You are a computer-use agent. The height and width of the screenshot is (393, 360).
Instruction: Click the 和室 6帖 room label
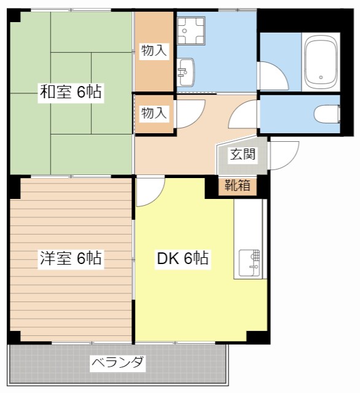click(71, 92)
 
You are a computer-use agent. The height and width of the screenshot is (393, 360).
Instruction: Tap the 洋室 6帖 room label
click(71, 258)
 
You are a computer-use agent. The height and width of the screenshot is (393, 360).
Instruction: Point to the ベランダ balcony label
click(117, 362)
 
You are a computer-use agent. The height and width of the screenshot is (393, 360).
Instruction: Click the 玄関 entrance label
click(243, 154)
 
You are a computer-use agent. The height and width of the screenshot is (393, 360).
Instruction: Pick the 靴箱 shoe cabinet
click(237, 187)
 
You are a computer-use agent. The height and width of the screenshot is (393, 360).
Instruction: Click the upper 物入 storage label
click(154, 50)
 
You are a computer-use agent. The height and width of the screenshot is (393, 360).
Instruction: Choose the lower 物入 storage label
click(154, 113)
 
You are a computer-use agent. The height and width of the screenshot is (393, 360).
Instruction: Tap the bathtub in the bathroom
click(321, 62)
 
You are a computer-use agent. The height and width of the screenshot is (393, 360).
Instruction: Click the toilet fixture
click(327, 114)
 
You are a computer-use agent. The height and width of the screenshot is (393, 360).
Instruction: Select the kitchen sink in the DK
click(249, 263)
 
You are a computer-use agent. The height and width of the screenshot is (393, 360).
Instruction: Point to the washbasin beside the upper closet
click(186, 72)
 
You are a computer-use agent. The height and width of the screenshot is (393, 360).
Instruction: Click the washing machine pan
click(191, 31)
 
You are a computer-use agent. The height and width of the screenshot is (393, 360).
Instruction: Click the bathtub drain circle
click(321, 77)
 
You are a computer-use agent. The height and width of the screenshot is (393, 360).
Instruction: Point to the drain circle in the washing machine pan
click(184, 31)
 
